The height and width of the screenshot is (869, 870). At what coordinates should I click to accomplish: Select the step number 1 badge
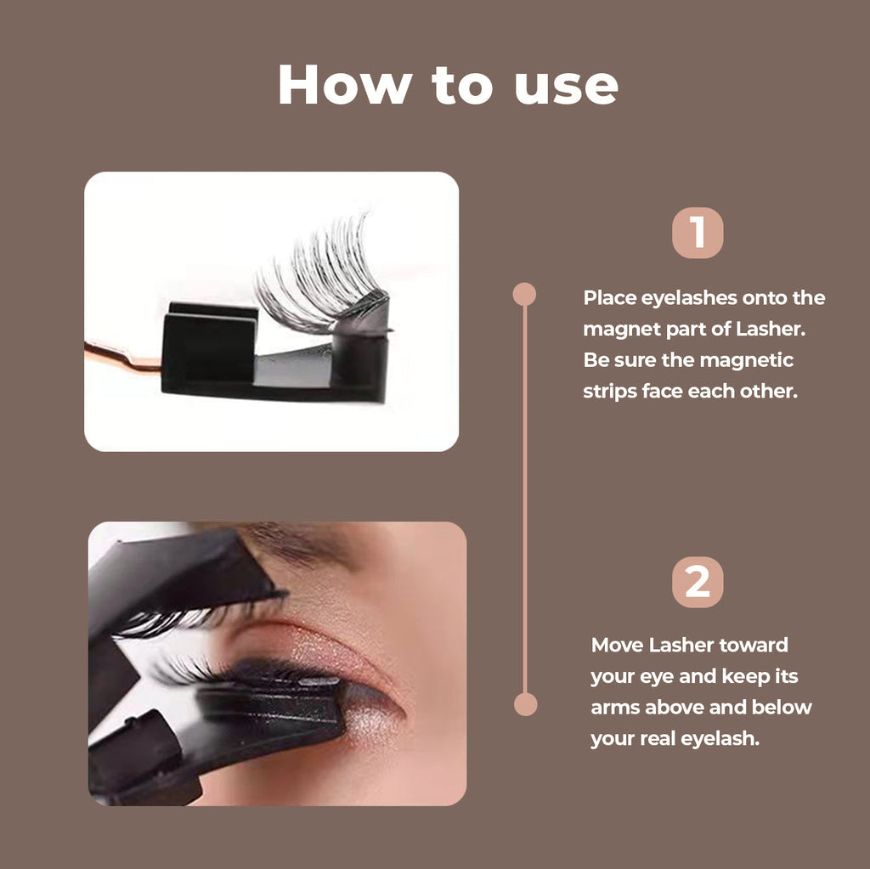[x=698, y=233]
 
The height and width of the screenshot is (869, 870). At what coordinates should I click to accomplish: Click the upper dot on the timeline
[x=524, y=294]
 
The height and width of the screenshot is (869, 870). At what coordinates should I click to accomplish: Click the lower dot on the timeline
[x=525, y=704]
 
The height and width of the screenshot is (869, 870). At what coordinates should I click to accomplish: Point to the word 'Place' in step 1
[x=607, y=298]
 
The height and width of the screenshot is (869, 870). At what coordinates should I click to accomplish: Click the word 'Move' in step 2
[x=618, y=645]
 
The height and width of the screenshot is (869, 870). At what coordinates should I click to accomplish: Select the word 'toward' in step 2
[x=753, y=645]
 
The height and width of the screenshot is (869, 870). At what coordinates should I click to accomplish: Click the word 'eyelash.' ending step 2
[x=720, y=739]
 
